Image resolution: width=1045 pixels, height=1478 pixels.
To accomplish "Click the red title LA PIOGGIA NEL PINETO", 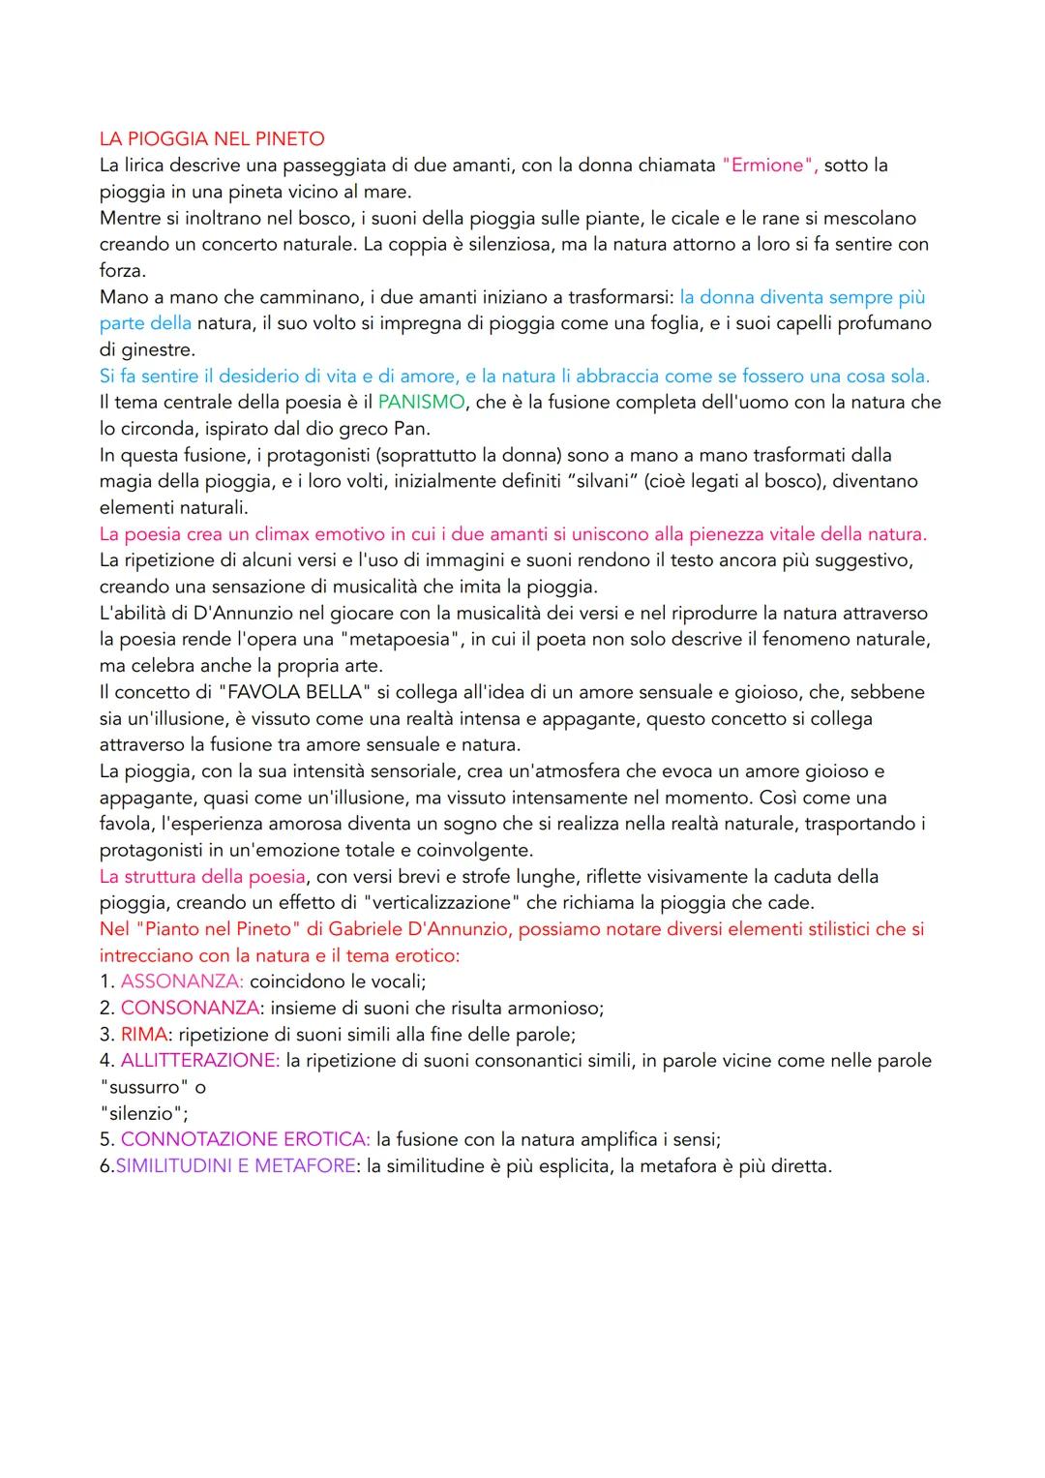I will tap(212, 138).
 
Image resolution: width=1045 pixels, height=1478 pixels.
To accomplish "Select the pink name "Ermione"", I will tap(768, 166).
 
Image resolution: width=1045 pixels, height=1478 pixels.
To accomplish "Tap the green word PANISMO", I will tap(422, 402).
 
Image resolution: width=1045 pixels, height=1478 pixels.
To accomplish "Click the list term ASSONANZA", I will tap(182, 981).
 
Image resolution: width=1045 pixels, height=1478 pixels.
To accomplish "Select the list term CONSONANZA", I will tap(190, 1008).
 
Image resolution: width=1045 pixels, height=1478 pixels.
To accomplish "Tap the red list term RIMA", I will tap(143, 1034).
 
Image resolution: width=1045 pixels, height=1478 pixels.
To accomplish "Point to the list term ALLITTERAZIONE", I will tap(199, 1060).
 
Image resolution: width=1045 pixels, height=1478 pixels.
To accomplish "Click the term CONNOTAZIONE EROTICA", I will tap(245, 1139).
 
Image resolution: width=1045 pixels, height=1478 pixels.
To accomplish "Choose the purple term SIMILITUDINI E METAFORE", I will tap(235, 1165).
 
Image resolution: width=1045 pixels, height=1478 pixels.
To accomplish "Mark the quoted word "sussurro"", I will tap(141, 1087).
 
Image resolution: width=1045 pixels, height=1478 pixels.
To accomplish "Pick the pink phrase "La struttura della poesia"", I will tap(202, 876).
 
